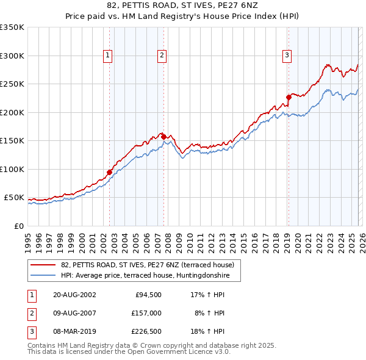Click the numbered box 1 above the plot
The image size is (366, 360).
click(107, 56)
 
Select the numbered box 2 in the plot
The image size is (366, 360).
click(162, 56)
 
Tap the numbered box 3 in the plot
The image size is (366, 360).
click(287, 56)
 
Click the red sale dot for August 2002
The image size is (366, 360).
click(110, 172)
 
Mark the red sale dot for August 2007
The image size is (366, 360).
click(163, 136)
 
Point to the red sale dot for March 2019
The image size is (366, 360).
click(289, 96)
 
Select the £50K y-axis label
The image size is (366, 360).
click(14, 198)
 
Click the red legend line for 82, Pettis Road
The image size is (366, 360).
click(43, 265)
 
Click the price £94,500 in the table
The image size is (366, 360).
click(148, 294)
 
